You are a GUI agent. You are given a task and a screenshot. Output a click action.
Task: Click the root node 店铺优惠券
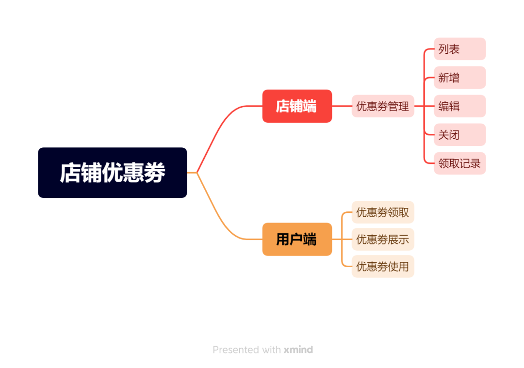tap(112, 173)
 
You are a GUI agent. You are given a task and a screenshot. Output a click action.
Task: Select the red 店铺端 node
tap(297, 106)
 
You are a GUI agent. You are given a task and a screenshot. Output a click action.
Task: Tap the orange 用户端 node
tap(297, 239)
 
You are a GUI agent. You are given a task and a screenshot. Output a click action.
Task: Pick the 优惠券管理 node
tap(382, 106)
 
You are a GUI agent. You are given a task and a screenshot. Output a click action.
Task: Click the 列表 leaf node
tap(459, 49)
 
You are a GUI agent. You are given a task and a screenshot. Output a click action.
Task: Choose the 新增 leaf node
tap(459, 78)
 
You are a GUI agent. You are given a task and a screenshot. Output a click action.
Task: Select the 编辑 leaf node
tap(459, 106)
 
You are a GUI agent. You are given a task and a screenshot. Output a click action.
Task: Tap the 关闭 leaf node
tap(459, 135)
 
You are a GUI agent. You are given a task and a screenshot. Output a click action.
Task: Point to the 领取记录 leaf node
tap(459, 163)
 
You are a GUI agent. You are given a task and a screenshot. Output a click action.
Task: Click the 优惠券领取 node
tap(382, 212)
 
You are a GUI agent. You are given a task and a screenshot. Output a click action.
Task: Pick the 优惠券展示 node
tap(382, 239)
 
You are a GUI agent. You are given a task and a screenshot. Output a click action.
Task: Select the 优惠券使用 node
tap(382, 266)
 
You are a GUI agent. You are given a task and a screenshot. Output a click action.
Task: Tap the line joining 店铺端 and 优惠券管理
tap(342, 106)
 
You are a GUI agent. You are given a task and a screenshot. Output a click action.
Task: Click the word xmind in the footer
tap(298, 350)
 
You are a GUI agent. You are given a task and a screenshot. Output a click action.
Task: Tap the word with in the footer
tap(270, 350)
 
